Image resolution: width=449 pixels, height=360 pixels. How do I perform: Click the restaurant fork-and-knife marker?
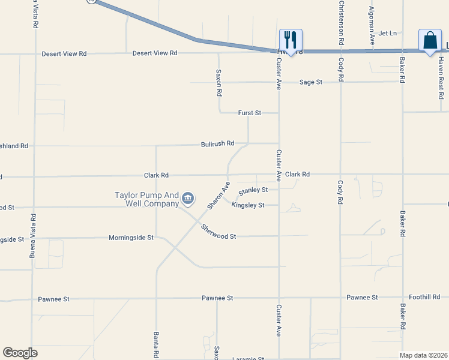(x=291, y=41)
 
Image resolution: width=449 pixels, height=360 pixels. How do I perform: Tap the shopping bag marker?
(x=430, y=41)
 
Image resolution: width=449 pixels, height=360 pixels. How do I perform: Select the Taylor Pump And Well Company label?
(x=147, y=199)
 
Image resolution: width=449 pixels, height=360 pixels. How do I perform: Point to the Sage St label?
(x=311, y=82)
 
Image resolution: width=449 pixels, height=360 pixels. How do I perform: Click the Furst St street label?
(x=250, y=112)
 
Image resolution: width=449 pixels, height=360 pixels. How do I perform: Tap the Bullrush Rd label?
(x=217, y=144)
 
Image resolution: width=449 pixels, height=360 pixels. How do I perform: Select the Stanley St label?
(x=253, y=191)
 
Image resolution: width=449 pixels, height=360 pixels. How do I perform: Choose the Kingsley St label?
(x=248, y=205)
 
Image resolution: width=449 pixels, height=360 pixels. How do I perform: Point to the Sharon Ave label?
(x=218, y=196)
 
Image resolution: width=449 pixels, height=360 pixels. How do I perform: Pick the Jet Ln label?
(x=388, y=33)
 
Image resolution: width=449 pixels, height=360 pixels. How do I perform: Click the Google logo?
(x=20, y=353)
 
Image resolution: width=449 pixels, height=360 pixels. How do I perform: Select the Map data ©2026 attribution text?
(x=423, y=355)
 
